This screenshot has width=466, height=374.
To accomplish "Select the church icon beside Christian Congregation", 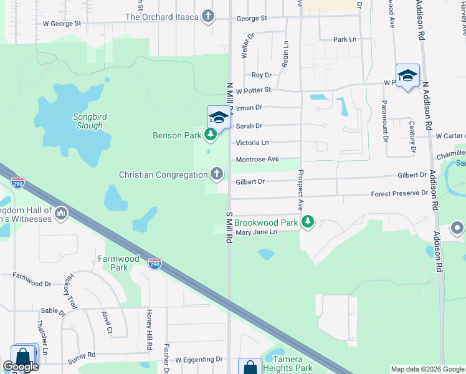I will point(217,174).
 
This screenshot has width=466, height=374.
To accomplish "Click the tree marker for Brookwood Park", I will point(307,221).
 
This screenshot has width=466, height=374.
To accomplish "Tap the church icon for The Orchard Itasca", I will point(208,17).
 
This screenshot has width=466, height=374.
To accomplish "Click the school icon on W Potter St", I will point(407,76).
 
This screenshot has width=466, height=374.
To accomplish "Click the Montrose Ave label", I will point(257,160).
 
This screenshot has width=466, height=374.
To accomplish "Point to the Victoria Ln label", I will point(252,143).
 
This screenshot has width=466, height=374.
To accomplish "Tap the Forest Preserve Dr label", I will point(399,193).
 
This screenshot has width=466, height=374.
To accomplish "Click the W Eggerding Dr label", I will point(199,360).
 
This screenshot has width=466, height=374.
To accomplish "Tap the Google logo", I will point(21,367).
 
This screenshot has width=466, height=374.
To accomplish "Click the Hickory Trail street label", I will point(74,290).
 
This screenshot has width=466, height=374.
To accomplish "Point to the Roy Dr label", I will point(261,75).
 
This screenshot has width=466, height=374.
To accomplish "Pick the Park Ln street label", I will point(345,39).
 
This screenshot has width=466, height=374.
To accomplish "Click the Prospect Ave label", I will point(300,189).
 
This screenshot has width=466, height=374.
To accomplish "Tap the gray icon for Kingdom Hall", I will point(61,214).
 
